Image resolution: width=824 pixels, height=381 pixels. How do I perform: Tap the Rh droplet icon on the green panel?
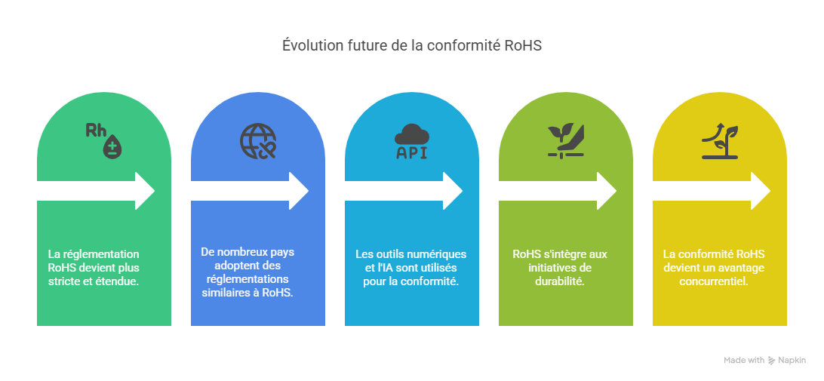(104, 139)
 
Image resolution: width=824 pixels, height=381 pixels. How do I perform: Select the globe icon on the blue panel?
(258, 140)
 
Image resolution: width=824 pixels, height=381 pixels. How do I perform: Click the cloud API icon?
(412, 141)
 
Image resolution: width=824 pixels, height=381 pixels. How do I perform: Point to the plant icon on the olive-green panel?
(566, 140)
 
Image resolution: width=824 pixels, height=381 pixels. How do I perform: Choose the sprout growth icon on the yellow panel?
(719, 140)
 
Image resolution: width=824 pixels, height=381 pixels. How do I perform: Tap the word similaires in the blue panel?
(225, 293)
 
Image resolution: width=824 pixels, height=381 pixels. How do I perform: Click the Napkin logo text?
(792, 361)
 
